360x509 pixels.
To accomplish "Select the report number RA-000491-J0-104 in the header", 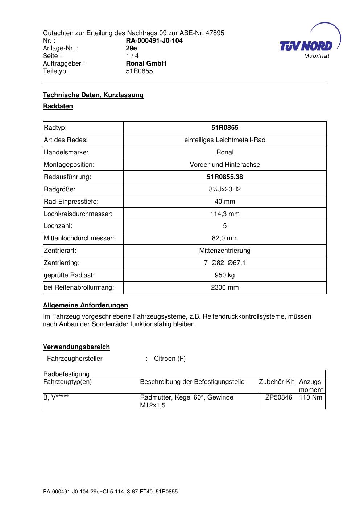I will click(x=154, y=41).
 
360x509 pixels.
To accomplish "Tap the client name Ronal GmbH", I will click(x=146, y=63).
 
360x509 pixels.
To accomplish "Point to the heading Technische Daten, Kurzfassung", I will click(x=93, y=95).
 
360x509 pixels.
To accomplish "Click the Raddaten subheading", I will click(x=58, y=106).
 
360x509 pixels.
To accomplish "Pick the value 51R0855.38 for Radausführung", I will click(x=225, y=177).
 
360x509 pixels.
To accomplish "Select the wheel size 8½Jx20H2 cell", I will click(x=225, y=189).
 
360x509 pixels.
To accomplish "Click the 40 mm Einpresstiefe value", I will click(x=225, y=202).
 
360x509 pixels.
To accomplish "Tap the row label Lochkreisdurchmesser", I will click(x=78, y=214).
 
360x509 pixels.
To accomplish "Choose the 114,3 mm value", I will click(x=225, y=214).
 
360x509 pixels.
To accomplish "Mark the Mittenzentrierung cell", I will click(x=225, y=251).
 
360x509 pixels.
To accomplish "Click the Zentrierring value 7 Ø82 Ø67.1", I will click(x=225, y=263).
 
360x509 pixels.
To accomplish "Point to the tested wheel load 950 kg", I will click(x=225, y=275).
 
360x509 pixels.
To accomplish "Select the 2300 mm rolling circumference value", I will click(x=225, y=287).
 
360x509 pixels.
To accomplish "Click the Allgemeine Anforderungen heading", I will click(x=85, y=305).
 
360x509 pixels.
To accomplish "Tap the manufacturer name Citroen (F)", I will click(x=170, y=359).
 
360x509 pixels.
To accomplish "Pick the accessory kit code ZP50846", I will click(x=278, y=397).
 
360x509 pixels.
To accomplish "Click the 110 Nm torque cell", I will click(x=311, y=397).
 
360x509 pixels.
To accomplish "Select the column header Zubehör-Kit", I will click(x=276, y=382).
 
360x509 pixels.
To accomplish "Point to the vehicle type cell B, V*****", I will click(x=56, y=397).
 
